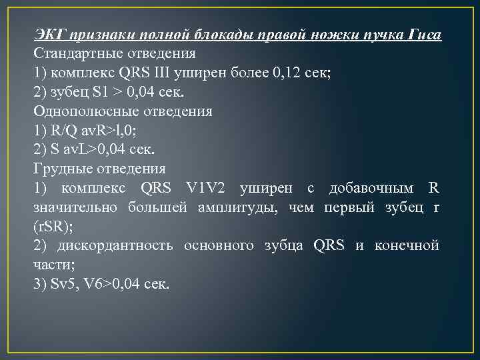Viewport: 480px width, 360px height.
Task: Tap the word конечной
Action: (x=408, y=246)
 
